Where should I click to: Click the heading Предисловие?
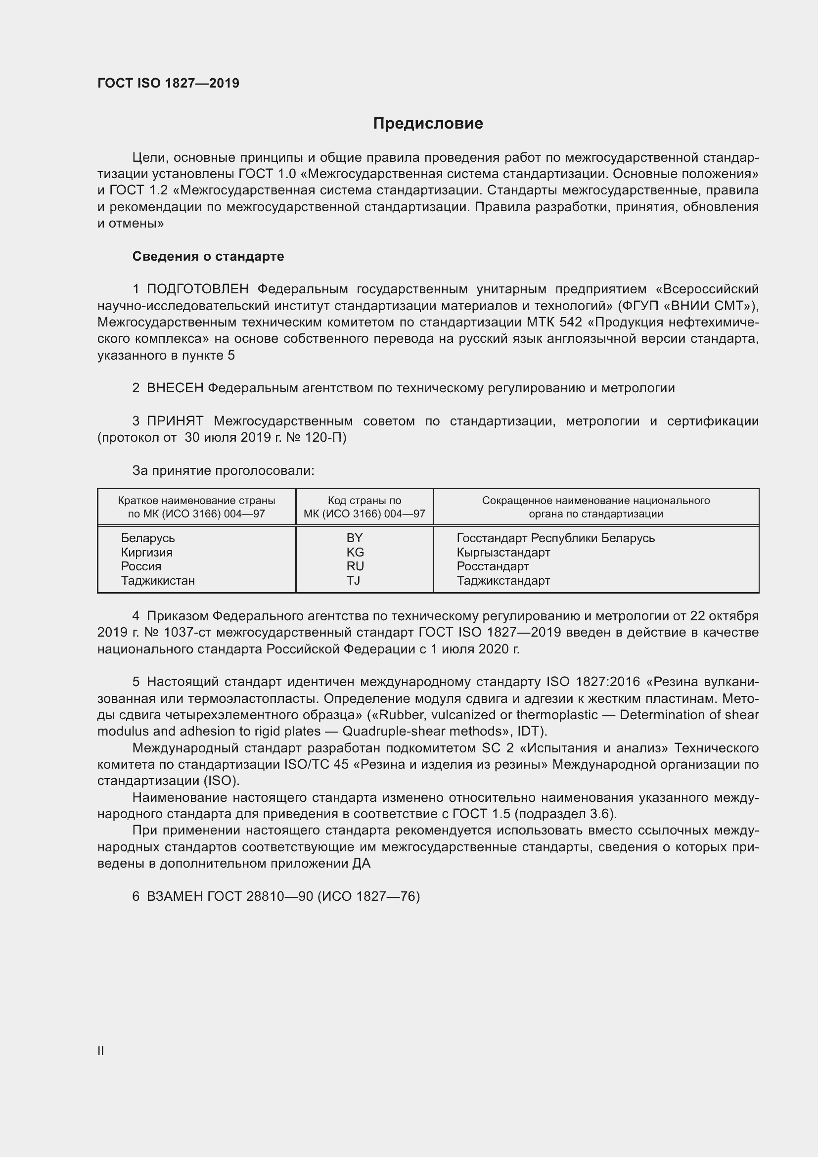(x=428, y=124)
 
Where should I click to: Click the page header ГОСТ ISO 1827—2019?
(x=168, y=83)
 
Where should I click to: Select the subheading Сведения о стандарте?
(x=208, y=257)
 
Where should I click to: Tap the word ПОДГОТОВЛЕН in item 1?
(x=197, y=289)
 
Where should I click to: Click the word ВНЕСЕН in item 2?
(x=175, y=388)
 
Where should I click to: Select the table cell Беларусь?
(x=147, y=538)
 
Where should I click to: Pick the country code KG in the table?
(x=355, y=553)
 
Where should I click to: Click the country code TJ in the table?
(x=353, y=581)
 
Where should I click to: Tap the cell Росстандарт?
(x=493, y=566)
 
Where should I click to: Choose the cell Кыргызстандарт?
(x=503, y=553)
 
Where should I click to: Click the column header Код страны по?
(x=364, y=501)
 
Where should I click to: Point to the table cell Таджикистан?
(x=158, y=581)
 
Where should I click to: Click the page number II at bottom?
(x=101, y=1051)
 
